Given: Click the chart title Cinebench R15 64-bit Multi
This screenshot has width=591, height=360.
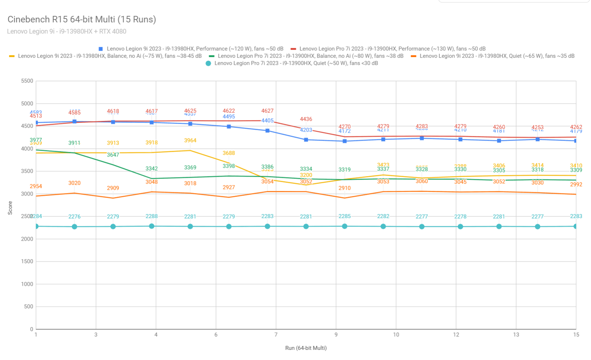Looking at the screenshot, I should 82,19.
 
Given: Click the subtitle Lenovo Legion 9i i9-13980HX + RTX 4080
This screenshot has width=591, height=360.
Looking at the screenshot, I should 66,31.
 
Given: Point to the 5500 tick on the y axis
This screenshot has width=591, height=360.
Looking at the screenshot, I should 27,81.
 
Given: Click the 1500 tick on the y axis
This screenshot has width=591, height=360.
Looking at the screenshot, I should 27,261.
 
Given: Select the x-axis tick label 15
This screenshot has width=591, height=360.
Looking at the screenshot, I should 576,335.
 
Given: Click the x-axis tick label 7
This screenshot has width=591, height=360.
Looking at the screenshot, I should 276,335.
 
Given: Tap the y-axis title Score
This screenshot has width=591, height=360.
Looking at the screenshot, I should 10,208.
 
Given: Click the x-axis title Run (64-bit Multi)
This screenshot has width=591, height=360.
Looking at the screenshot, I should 306,348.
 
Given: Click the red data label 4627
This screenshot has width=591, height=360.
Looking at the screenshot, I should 267,111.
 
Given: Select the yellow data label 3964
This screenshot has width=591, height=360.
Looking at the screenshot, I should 190,140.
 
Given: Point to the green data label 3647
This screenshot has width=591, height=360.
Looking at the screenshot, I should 113,155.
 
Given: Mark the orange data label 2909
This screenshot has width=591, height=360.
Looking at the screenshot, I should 113,188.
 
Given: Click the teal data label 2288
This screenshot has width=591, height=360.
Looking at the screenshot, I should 152,216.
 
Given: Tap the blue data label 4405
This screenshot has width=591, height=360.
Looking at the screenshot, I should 267,120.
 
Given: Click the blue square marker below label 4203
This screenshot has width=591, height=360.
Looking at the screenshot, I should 306,140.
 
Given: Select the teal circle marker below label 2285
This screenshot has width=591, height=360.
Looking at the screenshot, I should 345,226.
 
